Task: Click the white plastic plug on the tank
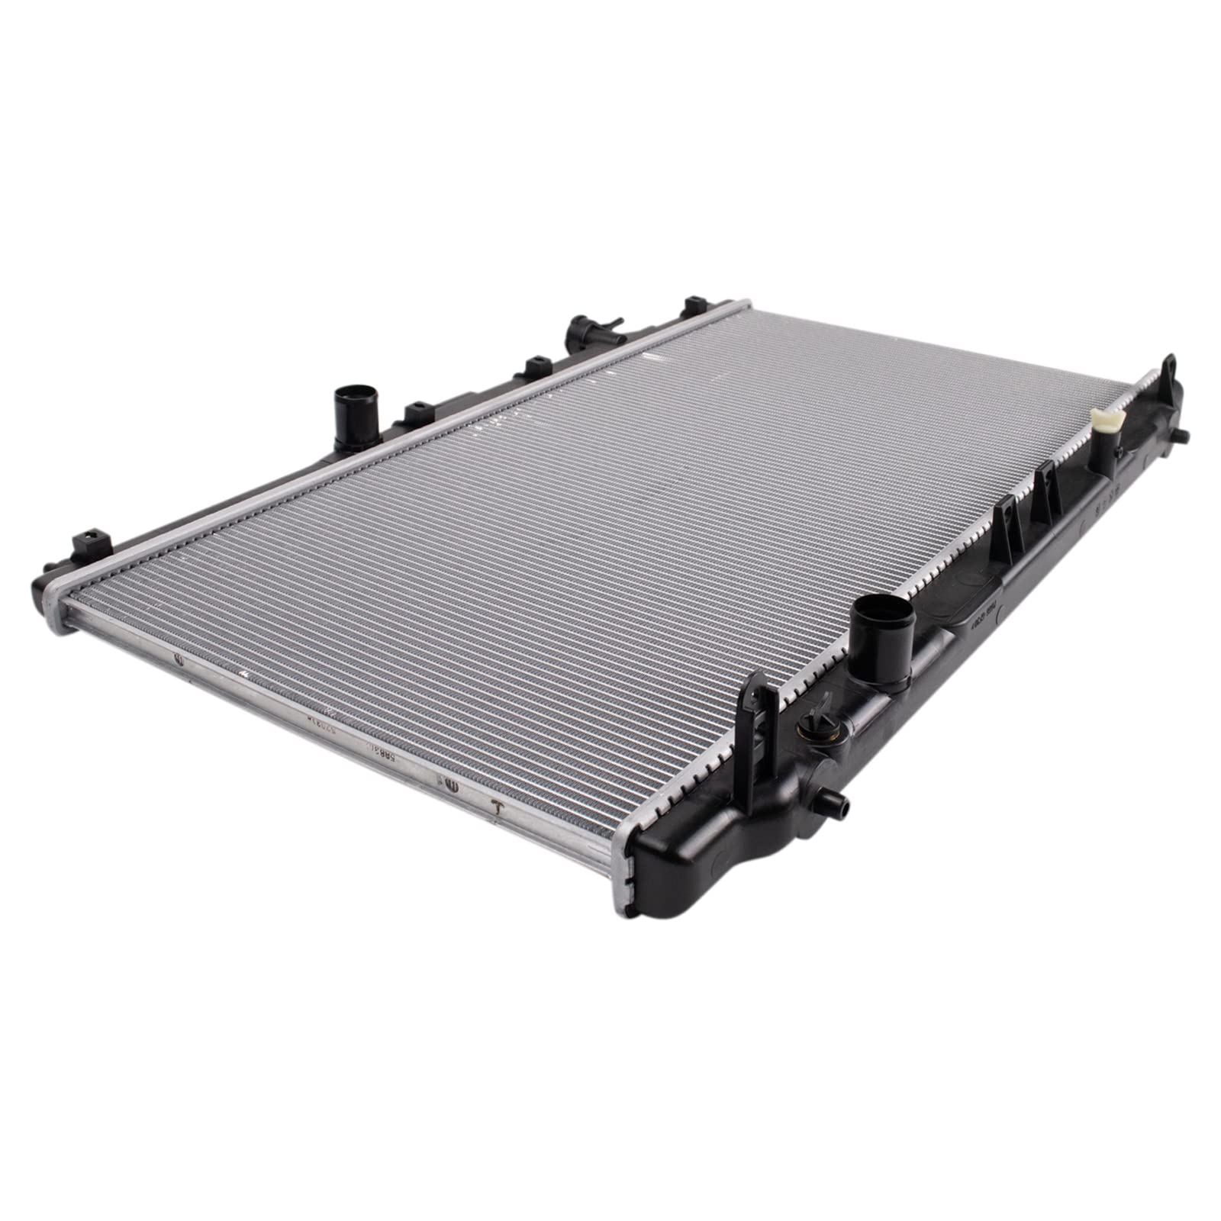[x=1107, y=420]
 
